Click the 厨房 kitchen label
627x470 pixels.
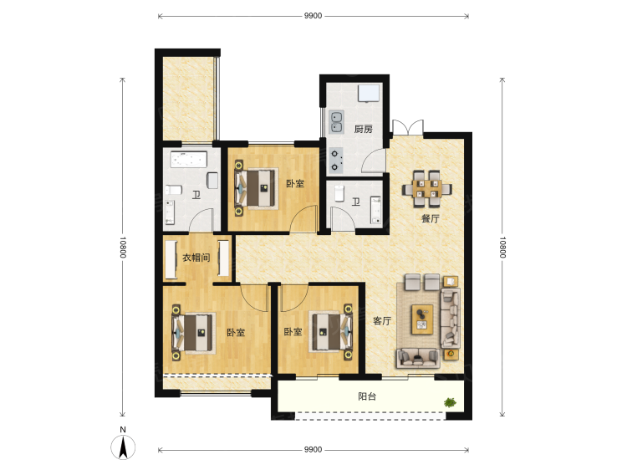[x=363, y=129]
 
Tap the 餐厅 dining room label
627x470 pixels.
[x=431, y=219]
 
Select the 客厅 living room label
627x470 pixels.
[x=382, y=321]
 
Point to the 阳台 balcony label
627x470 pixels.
[x=367, y=396]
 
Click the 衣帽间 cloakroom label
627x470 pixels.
[x=196, y=258]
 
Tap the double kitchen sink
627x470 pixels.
[x=336, y=122]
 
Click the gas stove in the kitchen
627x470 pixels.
[x=336, y=161]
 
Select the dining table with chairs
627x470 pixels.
[x=427, y=188]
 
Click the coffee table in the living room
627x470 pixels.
[x=422, y=319]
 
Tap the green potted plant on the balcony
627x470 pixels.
[x=451, y=402]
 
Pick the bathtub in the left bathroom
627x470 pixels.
[x=189, y=159]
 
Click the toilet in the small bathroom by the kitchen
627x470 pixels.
[x=339, y=193]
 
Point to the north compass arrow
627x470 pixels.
[x=123, y=447]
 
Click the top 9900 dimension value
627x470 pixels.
[x=313, y=16]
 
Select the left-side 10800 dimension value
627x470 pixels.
[x=123, y=248]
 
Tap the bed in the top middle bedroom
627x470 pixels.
[x=257, y=188]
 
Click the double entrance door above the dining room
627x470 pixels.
[x=408, y=128]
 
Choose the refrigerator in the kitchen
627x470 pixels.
[x=369, y=94]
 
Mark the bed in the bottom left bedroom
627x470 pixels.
[x=194, y=333]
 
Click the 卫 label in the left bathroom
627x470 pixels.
[x=196, y=195]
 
